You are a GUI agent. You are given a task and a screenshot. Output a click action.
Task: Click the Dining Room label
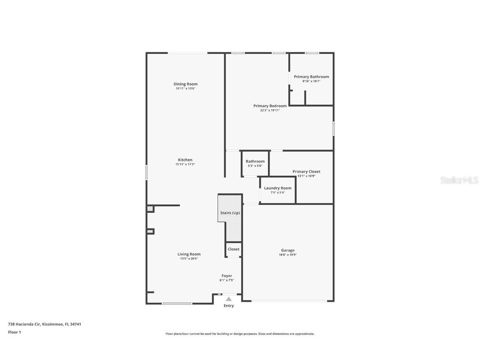[x=185, y=84]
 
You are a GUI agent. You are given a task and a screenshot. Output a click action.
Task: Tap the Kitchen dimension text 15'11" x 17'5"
[x=185, y=165]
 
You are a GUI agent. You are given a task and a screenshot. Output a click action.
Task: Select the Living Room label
[x=189, y=254]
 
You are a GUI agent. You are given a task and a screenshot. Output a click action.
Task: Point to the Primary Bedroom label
[x=270, y=106]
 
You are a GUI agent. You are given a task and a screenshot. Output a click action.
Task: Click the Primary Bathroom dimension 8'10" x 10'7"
[x=311, y=81]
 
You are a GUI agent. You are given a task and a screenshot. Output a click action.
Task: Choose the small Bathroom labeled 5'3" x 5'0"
[x=255, y=163]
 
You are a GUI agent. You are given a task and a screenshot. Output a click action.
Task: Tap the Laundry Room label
[x=277, y=188]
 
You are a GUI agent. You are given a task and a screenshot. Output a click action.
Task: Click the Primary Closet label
[x=306, y=171]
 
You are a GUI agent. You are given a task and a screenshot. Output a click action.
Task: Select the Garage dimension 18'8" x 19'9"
[x=287, y=255]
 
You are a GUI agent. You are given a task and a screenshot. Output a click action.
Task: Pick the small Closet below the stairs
[x=233, y=249]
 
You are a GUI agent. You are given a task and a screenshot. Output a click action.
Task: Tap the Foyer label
[x=227, y=276]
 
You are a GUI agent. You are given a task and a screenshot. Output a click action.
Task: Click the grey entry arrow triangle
[x=229, y=299]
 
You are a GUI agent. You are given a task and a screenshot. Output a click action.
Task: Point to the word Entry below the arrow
[x=229, y=306]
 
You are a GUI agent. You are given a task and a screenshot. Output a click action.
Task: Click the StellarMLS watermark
[x=460, y=180]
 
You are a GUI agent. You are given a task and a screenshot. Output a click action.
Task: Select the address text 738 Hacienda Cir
[x=25, y=324]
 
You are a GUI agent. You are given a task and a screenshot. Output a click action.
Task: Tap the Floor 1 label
[x=14, y=332]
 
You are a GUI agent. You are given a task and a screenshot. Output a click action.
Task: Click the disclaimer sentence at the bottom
[x=240, y=334]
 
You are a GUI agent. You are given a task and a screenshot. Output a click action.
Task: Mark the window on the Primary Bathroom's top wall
[x=312, y=53]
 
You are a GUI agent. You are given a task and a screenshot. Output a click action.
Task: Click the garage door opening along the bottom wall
[x=288, y=301]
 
